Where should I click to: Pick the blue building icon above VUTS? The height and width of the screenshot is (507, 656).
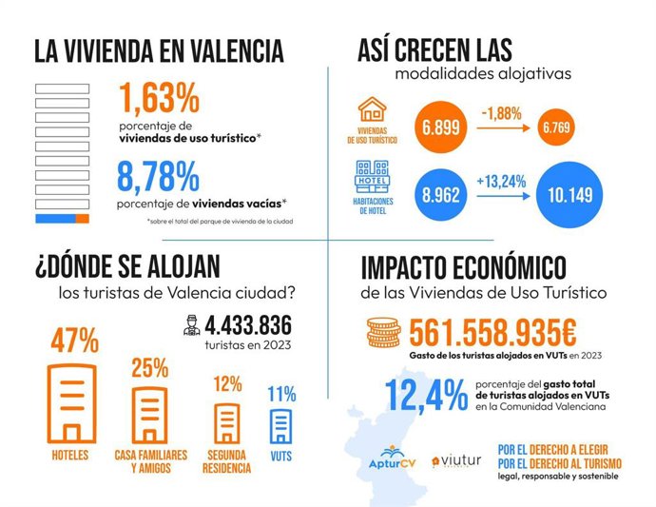(282, 426)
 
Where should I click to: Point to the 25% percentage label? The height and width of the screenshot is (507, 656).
(149, 367)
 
